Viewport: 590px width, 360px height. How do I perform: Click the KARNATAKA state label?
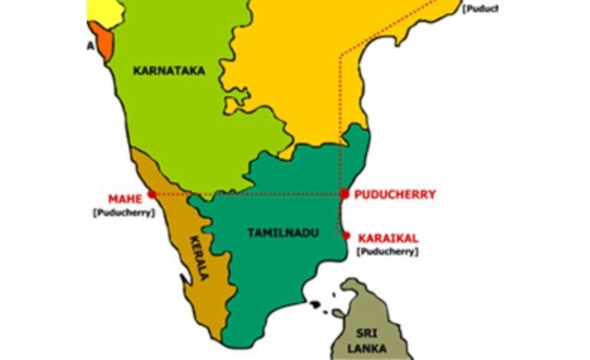click(x=169, y=70)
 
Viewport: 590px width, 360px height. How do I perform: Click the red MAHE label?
click(x=123, y=198)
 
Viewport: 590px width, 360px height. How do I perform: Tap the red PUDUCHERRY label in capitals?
click(x=395, y=195)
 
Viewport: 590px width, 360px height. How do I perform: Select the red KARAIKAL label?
click(x=388, y=238)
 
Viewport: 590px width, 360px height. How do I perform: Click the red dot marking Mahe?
click(x=152, y=195)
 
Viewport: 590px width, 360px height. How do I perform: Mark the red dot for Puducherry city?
click(x=344, y=194)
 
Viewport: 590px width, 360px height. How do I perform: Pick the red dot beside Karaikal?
click(x=347, y=235)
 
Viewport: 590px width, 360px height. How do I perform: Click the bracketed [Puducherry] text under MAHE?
click(x=123, y=212)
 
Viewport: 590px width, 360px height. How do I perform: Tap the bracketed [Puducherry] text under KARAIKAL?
click(x=388, y=251)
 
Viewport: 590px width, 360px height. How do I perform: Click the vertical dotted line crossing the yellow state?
click(x=340, y=100)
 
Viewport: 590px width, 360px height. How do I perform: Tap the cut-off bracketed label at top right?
click(x=480, y=9)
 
